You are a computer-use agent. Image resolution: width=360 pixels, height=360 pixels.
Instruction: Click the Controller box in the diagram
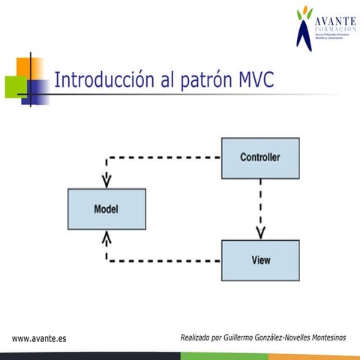[x=260, y=157]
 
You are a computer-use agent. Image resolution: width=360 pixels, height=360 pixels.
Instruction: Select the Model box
[x=106, y=208]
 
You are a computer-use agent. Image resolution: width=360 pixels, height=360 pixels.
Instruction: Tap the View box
[x=260, y=260]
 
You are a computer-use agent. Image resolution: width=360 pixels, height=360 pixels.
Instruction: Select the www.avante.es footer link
[x=39, y=338]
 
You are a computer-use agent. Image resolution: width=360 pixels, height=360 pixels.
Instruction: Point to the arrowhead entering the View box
[x=260, y=232]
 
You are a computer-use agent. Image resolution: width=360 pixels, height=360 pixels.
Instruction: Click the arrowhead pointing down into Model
[x=106, y=181]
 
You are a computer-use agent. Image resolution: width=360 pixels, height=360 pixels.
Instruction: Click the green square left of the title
[x=15, y=87]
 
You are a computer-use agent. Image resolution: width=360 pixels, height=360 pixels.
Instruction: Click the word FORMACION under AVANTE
[x=332, y=29]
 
